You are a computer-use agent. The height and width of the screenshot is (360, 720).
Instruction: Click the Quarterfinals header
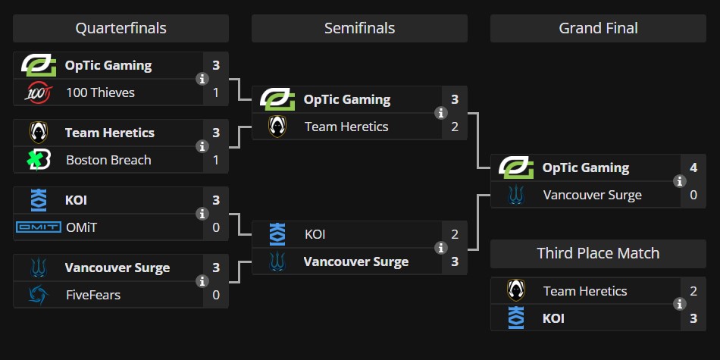tap(121, 29)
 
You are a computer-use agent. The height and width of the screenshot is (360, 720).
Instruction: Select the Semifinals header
tap(359, 29)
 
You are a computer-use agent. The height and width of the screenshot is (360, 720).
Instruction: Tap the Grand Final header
tap(598, 29)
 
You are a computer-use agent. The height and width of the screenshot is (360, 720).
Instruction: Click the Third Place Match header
tap(598, 253)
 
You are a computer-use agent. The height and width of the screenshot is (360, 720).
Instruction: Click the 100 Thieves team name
tap(100, 92)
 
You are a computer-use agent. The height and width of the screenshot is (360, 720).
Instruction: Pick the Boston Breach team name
tap(108, 160)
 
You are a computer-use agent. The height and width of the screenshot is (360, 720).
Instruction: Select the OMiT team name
tap(81, 227)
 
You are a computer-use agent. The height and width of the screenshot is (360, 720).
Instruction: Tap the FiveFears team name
tap(93, 295)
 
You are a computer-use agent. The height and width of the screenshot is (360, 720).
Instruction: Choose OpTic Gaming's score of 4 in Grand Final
tap(693, 167)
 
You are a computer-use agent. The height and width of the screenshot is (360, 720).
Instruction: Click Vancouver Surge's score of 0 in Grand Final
tap(693, 195)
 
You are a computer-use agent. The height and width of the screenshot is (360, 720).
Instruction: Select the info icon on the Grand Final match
tap(679, 181)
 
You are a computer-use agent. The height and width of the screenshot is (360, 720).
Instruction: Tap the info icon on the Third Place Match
tap(679, 304)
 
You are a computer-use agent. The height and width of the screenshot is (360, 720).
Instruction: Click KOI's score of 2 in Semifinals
tap(455, 234)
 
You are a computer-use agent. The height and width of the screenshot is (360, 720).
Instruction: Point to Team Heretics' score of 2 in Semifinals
tap(455, 127)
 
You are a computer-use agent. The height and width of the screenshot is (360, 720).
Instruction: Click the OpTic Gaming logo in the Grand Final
tap(515, 167)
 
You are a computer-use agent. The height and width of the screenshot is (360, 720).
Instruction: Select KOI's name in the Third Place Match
tap(553, 318)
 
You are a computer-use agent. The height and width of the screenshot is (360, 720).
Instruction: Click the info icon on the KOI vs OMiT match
tap(202, 214)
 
